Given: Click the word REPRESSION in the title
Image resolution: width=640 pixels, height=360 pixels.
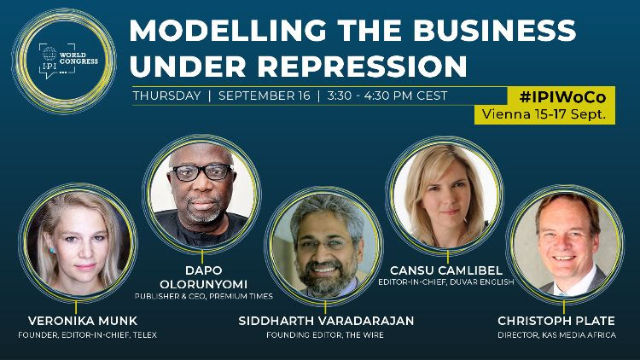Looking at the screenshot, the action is coord(363,67).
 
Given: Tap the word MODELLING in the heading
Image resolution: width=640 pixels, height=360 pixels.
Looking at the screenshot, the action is coord(228,30).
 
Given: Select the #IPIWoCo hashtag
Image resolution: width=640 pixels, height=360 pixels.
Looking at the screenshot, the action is coord(562,97).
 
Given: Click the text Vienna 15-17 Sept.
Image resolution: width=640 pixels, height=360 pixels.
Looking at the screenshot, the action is coord(544,113).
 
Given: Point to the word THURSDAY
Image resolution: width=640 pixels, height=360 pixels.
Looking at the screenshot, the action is coord(166,96).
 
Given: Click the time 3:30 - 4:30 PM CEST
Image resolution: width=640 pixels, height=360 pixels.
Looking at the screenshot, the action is coord(387,96).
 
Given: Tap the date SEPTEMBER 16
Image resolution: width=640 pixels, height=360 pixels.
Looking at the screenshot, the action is coord(264,96).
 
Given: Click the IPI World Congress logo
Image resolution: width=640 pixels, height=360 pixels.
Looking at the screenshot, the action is coord(64,61).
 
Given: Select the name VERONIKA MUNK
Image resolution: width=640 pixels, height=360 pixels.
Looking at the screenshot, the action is coord(83,321).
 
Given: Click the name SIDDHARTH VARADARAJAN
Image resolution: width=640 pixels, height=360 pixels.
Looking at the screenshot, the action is coord(326,321).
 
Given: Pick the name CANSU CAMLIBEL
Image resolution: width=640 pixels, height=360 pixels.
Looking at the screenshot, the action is coord(446,270).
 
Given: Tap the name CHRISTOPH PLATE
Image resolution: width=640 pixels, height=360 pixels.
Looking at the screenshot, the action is coord(556,321).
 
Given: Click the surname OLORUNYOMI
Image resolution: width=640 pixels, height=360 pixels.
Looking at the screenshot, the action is coord(203,284).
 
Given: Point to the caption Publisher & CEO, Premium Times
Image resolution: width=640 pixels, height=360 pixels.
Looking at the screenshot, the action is coord(203,296).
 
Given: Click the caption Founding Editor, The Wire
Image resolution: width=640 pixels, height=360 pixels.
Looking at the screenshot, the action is coord(325,335).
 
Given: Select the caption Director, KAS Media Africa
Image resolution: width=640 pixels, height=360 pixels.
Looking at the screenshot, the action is coord(556,335).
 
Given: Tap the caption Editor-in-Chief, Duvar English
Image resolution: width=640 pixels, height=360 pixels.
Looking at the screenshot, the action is coord(446,282).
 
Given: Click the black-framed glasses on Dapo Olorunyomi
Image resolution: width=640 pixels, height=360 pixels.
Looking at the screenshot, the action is coord(201,172).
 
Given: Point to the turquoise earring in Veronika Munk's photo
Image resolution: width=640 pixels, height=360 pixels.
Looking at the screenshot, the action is coord(52,250).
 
